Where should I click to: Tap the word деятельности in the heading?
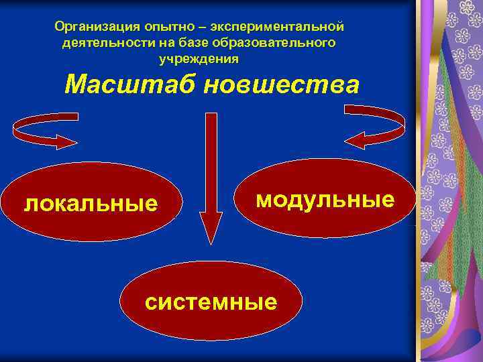[x=97, y=43]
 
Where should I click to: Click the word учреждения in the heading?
[x=199, y=58]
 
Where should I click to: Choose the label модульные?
[x=325, y=199]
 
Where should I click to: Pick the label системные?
[x=211, y=302]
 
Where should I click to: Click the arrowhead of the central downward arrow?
[x=211, y=227]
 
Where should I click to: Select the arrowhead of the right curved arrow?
[x=355, y=140]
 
